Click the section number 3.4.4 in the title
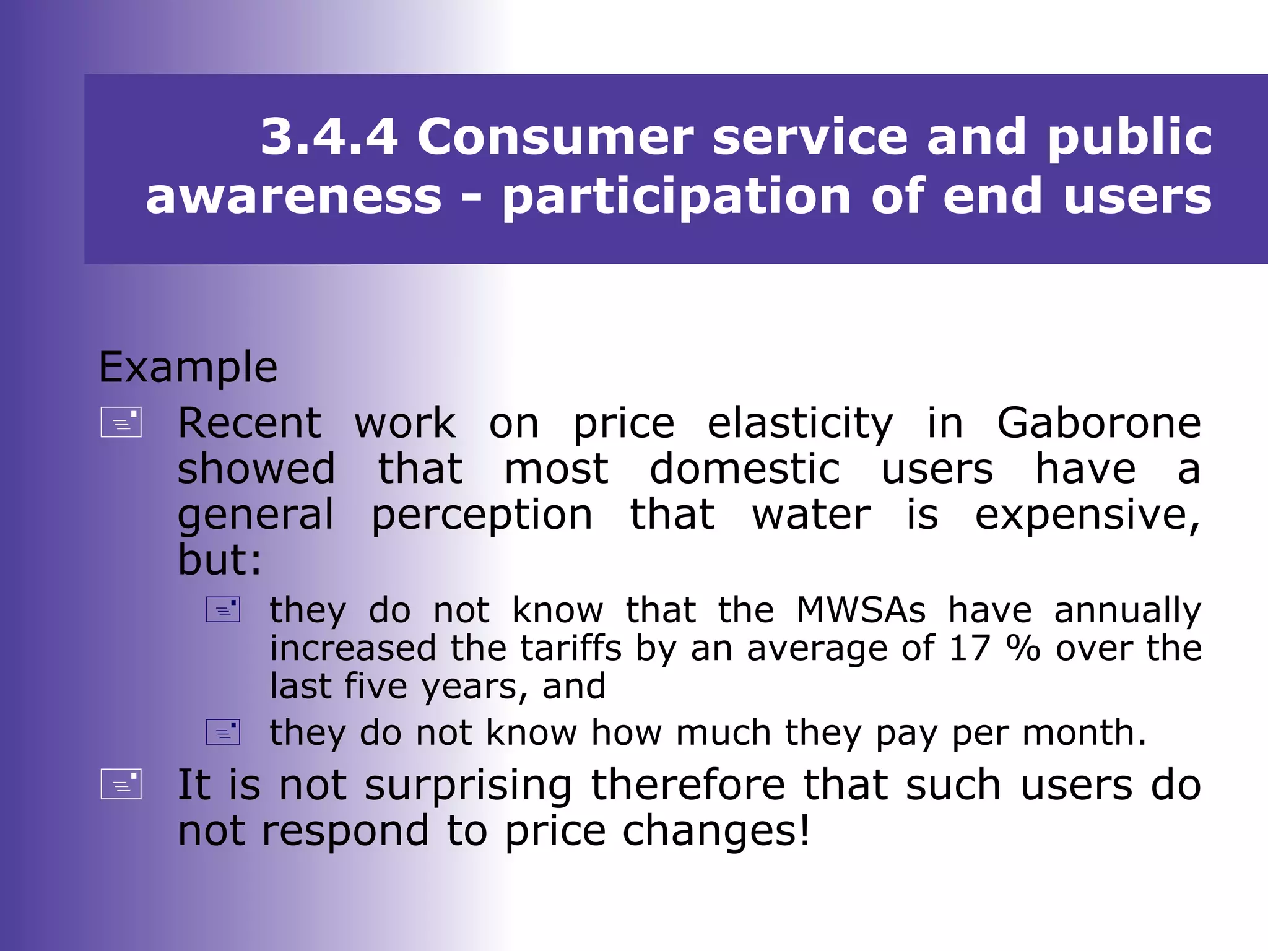point(329,137)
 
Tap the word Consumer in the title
point(555,137)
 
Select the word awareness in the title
point(293,196)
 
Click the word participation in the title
point(677,198)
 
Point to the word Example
point(188,368)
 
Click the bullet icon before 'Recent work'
point(121,422)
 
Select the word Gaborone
point(1099,423)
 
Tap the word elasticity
point(800,425)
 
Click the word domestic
point(745,469)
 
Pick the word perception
point(482,516)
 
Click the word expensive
point(1087,516)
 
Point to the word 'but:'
point(220,560)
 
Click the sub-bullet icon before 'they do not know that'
point(223,609)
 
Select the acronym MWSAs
point(861,610)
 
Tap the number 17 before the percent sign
point(970,648)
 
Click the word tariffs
point(570,648)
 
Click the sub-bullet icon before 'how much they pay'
point(223,732)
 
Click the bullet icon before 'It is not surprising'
point(121,784)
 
